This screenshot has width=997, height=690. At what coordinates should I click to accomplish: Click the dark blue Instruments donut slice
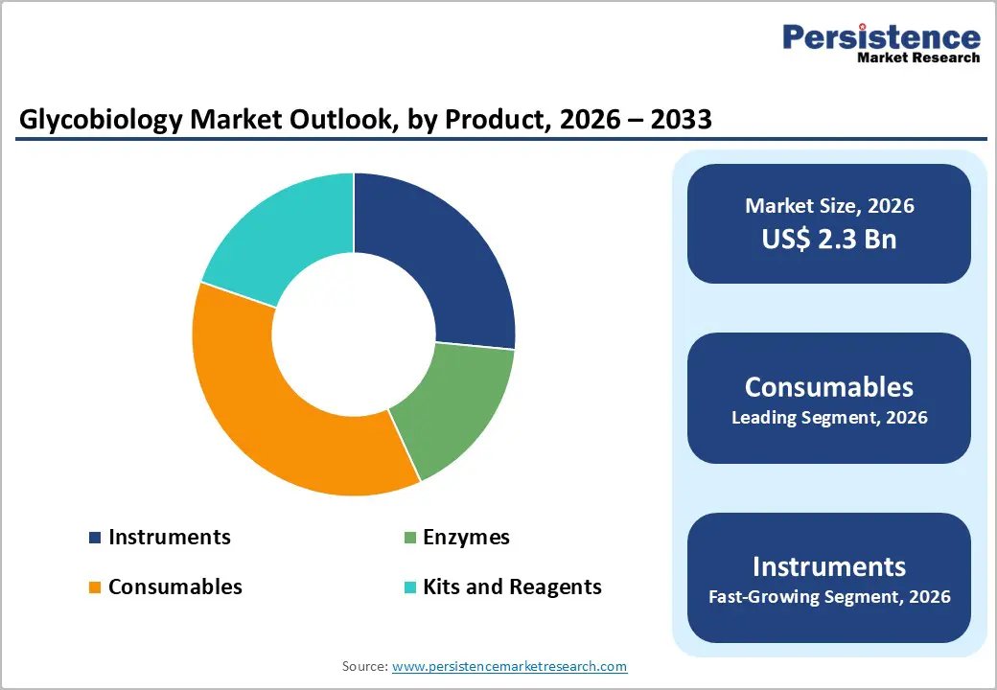click(x=436, y=254)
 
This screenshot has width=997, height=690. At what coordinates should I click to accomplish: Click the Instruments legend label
click(x=169, y=537)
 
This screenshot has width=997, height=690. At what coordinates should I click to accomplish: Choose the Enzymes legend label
click(x=466, y=537)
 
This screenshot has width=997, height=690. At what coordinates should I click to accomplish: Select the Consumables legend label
click(x=174, y=586)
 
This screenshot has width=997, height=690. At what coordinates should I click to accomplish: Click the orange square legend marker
click(x=95, y=587)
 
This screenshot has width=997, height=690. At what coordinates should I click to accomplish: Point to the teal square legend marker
click(x=409, y=587)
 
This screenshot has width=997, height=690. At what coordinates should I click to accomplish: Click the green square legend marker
click(x=409, y=538)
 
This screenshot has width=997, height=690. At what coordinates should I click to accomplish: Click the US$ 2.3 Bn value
click(x=829, y=239)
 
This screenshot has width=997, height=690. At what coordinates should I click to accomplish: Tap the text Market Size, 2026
click(x=829, y=206)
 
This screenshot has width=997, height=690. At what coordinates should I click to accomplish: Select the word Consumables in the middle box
click(x=829, y=386)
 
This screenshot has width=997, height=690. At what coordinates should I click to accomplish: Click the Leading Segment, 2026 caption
click(x=829, y=418)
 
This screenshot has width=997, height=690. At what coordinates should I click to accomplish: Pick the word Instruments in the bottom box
click(x=829, y=565)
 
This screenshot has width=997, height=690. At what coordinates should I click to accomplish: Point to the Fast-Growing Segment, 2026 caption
click(x=829, y=597)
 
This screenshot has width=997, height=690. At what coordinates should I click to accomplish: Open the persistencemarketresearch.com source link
click(x=509, y=666)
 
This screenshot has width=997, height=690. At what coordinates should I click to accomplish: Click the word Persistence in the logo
click(x=881, y=37)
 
